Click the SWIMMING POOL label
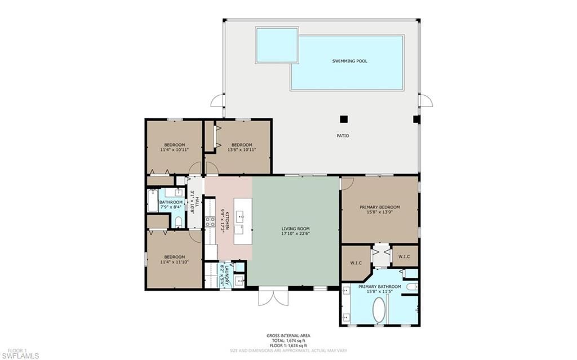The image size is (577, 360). click(x=349, y=61)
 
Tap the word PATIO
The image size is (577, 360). click(x=343, y=136)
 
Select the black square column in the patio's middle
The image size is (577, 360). click(x=343, y=119)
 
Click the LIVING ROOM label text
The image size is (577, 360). click(x=295, y=229)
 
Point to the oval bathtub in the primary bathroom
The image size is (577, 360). click(x=379, y=310)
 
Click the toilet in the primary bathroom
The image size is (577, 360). click(x=412, y=287)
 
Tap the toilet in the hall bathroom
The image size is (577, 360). click(x=179, y=222)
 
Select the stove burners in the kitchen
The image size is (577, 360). click(x=210, y=221)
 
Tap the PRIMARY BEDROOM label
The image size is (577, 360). click(x=379, y=207)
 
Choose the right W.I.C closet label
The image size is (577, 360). click(x=405, y=257)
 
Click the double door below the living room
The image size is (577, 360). click(x=273, y=297)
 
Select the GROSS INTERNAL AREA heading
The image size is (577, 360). click(x=288, y=336)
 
